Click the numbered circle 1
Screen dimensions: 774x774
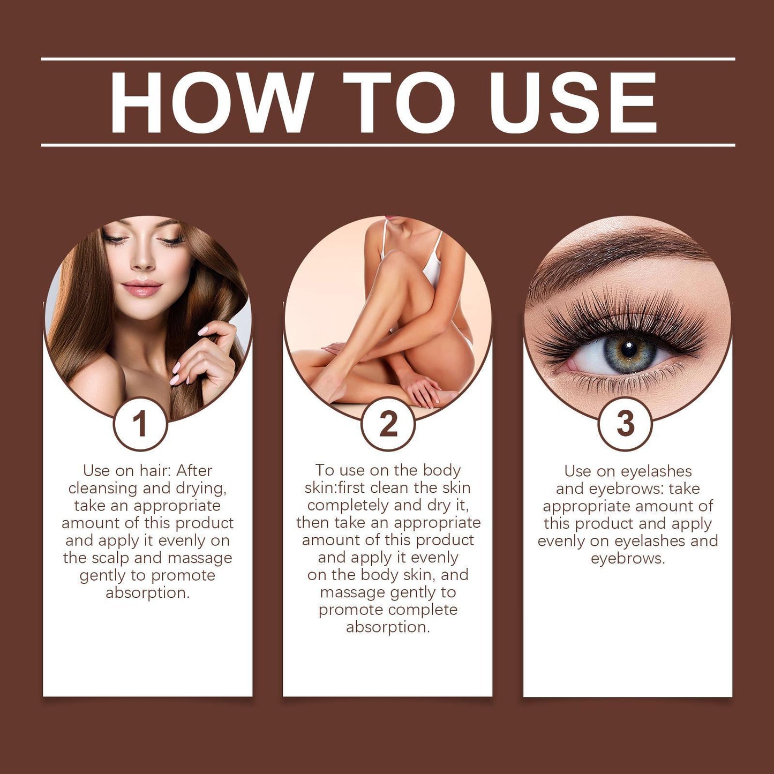pyautogui.click(x=140, y=424)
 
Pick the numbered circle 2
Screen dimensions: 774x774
pyautogui.click(x=388, y=424)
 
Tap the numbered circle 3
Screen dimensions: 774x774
pyautogui.click(x=625, y=424)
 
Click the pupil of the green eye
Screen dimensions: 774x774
pyautogui.click(x=628, y=349)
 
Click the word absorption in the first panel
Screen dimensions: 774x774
pyautogui.click(x=147, y=593)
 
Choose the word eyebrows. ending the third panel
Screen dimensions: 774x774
pyautogui.click(x=628, y=559)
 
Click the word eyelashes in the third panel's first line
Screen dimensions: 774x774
pyautogui.click(x=656, y=471)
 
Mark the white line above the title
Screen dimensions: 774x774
pyautogui.click(x=388, y=59)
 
